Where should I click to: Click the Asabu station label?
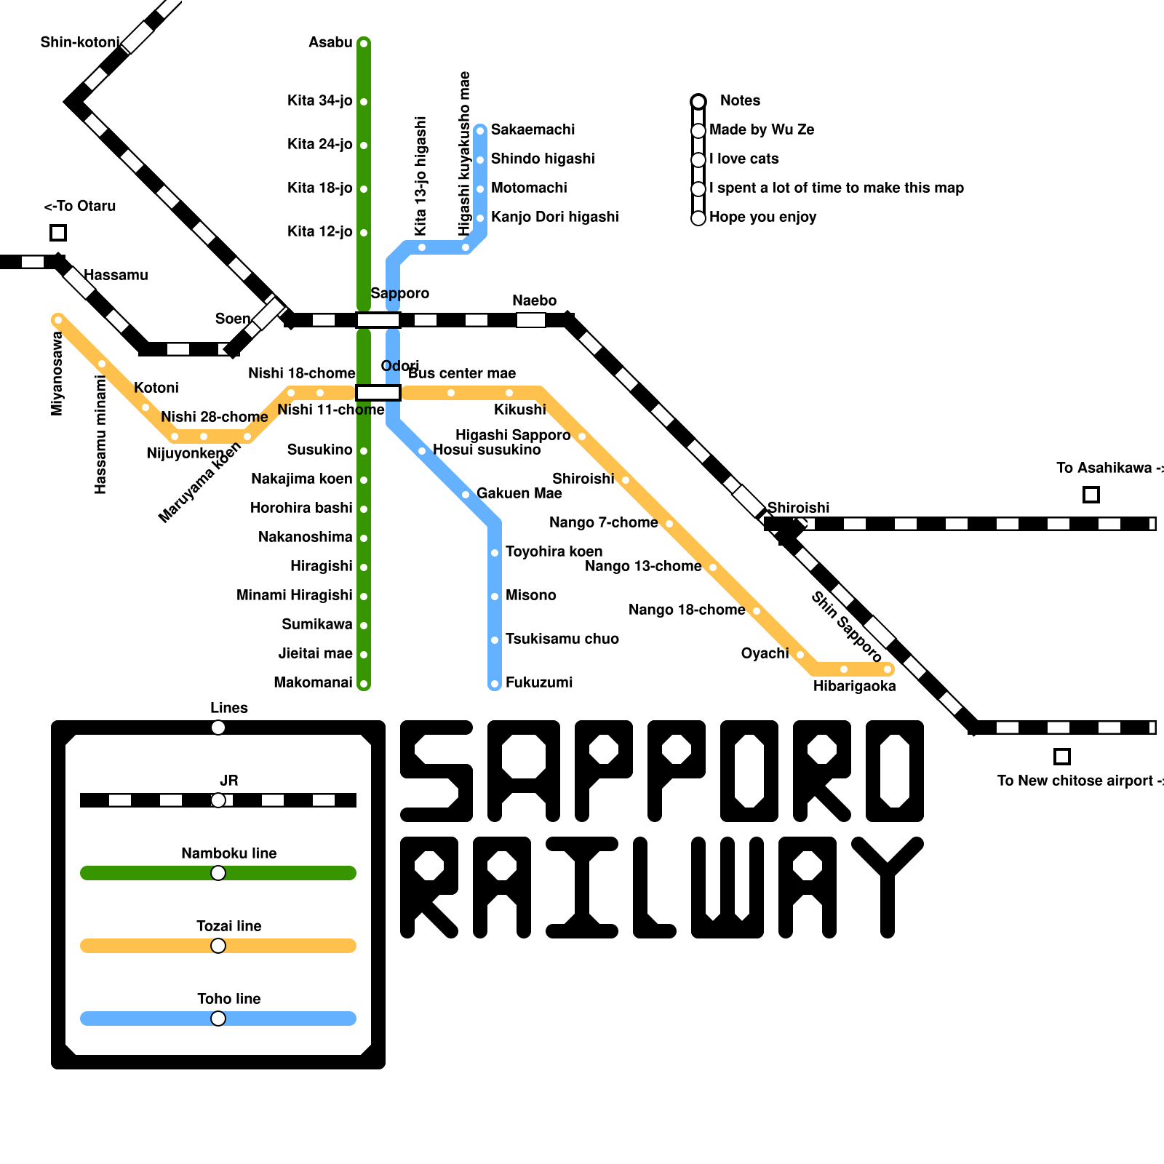pyautogui.click(x=330, y=42)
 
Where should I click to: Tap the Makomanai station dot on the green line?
pyautogui.click(x=364, y=684)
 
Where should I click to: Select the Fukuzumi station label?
pyautogui.click(x=539, y=682)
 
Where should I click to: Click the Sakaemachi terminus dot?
pyautogui.click(x=480, y=131)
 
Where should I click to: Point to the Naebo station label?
pyautogui.click(x=534, y=300)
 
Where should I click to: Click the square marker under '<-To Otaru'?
pyautogui.click(x=58, y=233)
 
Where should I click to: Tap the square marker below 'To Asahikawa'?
pyautogui.click(x=1091, y=495)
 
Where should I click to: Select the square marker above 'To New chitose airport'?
pyautogui.click(x=1061, y=757)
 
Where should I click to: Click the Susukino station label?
pyautogui.click(x=319, y=450)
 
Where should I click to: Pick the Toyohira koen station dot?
pyautogui.click(x=495, y=553)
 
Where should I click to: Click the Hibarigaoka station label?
pyautogui.click(x=854, y=686)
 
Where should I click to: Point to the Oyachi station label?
pyautogui.click(x=765, y=653)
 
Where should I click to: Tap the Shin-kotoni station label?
pyautogui.click(x=79, y=42)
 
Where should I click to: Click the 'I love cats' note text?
pyautogui.click(x=744, y=159)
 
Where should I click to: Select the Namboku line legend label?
pyautogui.click(x=228, y=853)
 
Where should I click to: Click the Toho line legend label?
pyautogui.click(x=228, y=999)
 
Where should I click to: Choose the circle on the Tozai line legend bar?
pyautogui.click(x=218, y=946)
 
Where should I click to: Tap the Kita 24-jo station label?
pyautogui.click(x=319, y=144)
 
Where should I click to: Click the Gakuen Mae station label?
pyautogui.click(x=519, y=493)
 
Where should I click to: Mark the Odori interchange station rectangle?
pyautogui.click(x=378, y=393)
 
